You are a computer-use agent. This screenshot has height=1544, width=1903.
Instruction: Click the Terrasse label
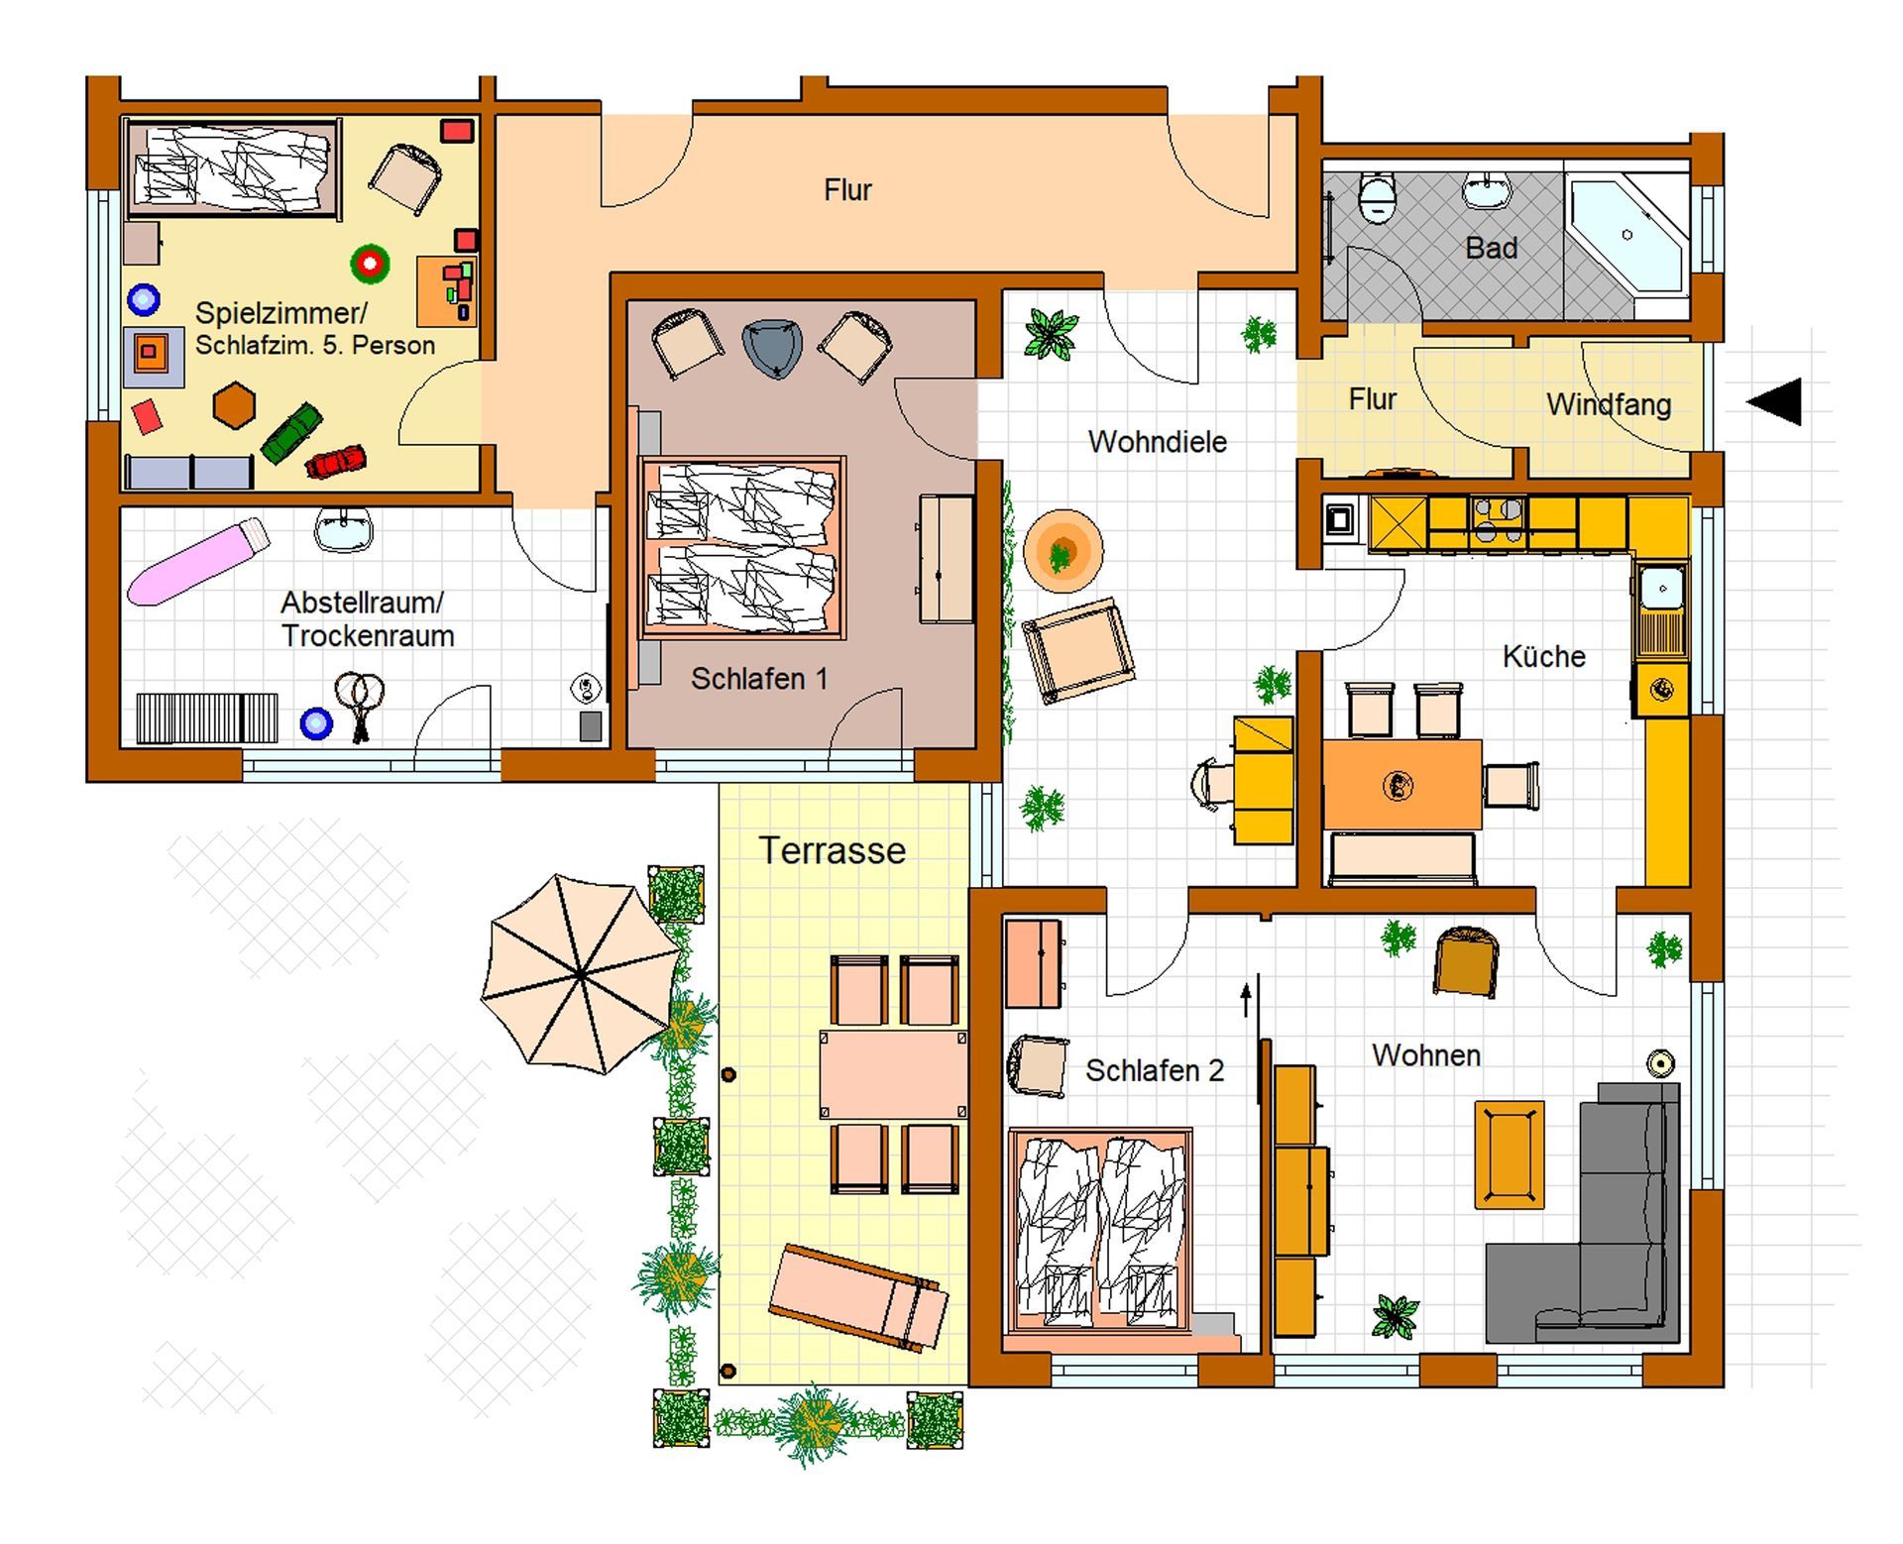(832, 850)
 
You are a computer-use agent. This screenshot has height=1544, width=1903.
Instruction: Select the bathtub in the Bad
(1625, 236)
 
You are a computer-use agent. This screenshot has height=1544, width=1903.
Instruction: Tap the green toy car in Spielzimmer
(291, 433)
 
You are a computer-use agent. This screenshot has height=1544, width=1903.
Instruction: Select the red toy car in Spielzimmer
(336, 461)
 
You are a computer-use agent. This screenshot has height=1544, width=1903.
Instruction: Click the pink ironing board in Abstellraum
(198, 562)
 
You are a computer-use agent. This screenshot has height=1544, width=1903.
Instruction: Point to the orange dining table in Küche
(1401, 785)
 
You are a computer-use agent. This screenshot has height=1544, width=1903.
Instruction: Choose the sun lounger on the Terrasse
(858, 1296)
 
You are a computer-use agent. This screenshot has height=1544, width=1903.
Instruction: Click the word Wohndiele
(1157, 442)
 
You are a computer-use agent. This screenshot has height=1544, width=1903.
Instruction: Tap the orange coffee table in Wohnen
(1509, 1155)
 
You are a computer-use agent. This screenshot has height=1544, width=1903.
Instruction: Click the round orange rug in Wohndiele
(1063, 550)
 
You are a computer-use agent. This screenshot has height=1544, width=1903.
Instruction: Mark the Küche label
(1543, 656)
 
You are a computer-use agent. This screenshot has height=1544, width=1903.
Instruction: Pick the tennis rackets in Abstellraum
(359, 705)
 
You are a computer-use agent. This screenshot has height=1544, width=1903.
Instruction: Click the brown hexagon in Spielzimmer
(235, 405)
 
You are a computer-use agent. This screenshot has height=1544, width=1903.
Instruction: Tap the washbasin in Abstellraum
(344, 529)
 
